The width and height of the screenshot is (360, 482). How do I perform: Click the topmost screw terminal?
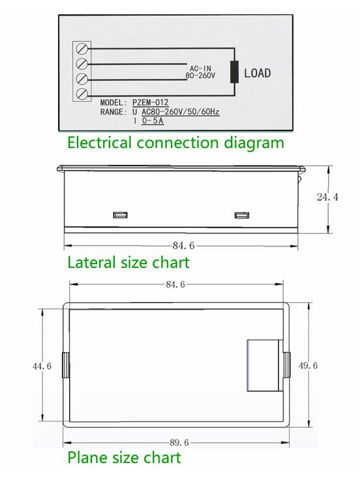(x=82, y=48)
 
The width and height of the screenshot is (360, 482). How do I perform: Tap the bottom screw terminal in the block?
(x=82, y=93)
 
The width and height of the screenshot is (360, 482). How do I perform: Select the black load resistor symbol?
(x=235, y=72)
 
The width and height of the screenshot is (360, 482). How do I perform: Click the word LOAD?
(x=258, y=73)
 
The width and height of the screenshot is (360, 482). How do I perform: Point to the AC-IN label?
(x=200, y=68)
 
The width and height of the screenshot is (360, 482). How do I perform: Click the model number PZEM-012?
(x=151, y=102)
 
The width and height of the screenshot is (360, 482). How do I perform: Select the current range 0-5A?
(x=153, y=121)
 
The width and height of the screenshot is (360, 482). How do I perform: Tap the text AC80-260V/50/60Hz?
(x=181, y=112)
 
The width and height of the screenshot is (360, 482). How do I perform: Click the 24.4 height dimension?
(x=327, y=197)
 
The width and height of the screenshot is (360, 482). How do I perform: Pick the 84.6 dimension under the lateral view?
(x=183, y=246)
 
